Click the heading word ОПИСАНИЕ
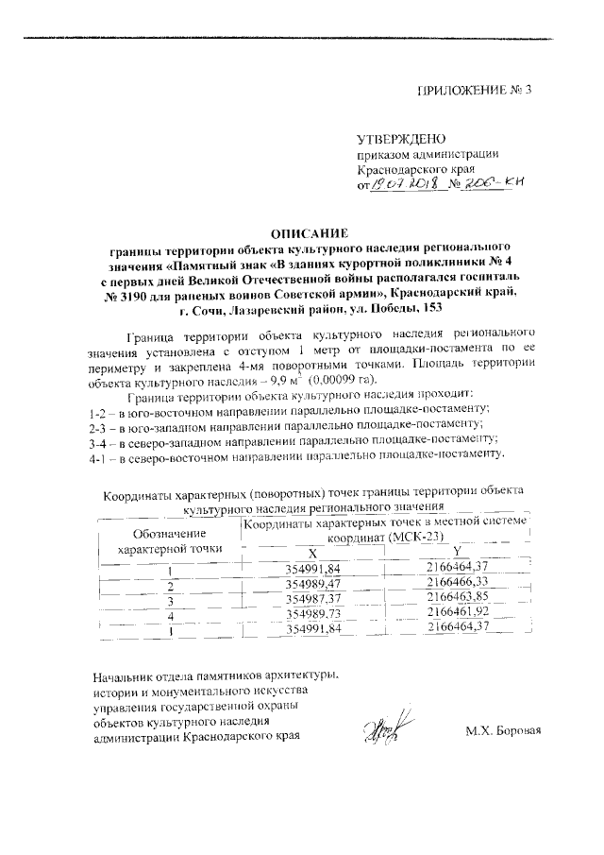pyautogui.click(x=310, y=232)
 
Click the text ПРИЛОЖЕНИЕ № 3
pyautogui.click(x=476, y=92)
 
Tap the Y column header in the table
pyautogui.click(x=456, y=551)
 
